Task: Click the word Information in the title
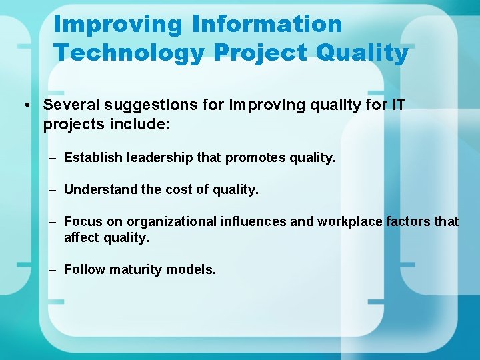point(267,24)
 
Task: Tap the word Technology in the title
point(129,52)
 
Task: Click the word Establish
point(93,157)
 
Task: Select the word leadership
point(158,157)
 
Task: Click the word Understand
point(101,189)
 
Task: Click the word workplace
point(350,221)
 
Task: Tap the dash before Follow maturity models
point(53,269)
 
